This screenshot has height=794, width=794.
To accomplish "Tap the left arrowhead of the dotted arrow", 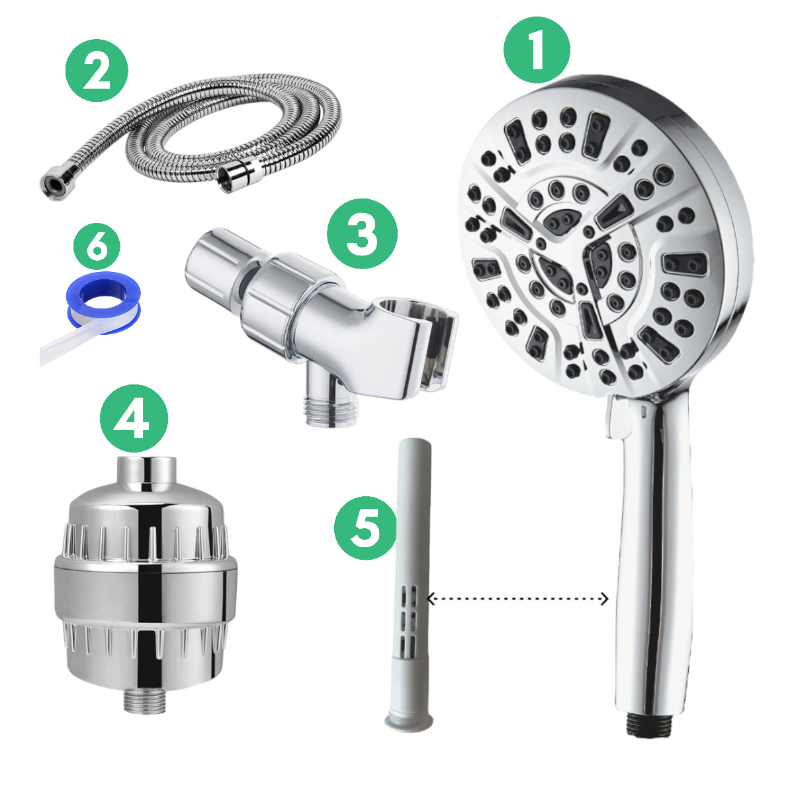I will click(431, 599).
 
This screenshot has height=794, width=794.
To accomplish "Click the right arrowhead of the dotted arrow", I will click(604, 599).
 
